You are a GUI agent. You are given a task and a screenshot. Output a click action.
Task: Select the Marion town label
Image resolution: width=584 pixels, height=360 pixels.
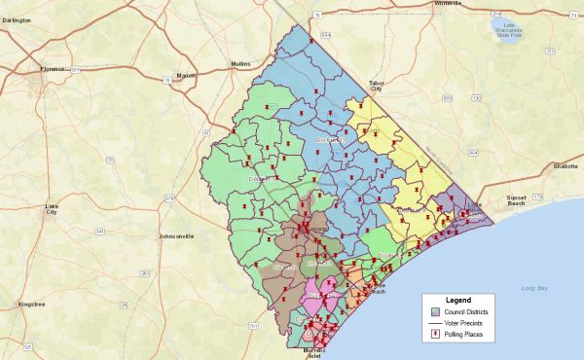click(x=186, y=75)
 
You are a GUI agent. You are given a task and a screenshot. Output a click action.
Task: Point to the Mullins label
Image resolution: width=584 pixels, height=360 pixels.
click(x=241, y=61)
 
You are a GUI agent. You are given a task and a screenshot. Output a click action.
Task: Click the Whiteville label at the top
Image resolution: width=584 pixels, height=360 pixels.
click(x=420, y=4)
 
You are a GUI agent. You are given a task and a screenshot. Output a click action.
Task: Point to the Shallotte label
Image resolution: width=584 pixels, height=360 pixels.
click(x=565, y=166)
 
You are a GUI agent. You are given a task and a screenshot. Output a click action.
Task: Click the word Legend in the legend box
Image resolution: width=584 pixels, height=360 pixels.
click(x=457, y=299)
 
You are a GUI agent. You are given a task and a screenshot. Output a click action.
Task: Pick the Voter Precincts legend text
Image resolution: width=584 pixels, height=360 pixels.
click(x=466, y=323)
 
